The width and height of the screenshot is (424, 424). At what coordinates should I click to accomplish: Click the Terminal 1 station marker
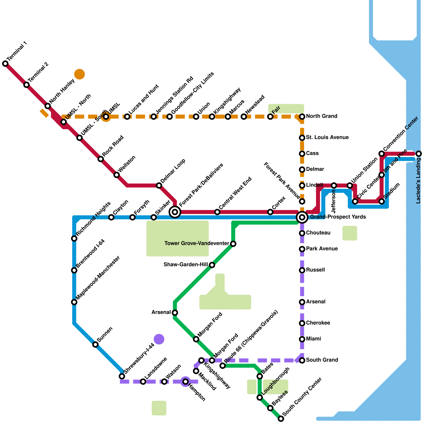pos(5,64)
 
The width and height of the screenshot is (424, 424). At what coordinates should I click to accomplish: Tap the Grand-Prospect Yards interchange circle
pos(302,217)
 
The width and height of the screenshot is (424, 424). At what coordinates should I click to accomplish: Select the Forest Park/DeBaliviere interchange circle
pos(175,212)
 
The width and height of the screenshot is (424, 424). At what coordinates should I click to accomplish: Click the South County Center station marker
pos(281,419)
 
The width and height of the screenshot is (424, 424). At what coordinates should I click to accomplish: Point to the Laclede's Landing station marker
pos(419,154)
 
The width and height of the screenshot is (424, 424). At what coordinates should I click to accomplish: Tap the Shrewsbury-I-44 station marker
pos(122,376)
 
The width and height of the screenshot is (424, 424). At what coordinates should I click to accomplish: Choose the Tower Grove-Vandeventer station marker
pos(233,244)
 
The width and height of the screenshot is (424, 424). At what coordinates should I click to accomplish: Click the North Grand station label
pos(321,116)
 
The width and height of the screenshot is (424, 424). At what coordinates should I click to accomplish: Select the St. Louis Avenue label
pos(327,138)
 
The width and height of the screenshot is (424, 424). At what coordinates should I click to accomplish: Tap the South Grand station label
pos(322,360)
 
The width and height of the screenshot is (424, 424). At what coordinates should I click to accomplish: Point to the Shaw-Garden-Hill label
pos(185,265)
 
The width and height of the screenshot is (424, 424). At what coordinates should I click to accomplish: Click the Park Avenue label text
pos(322,249)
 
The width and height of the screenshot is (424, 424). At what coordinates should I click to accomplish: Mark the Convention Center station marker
pos(382,154)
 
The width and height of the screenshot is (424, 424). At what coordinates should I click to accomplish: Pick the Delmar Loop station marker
pos(159,185)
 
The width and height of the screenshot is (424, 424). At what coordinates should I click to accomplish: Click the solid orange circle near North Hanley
pos(79,74)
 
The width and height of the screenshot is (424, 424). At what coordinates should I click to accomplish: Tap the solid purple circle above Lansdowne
pos(159,339)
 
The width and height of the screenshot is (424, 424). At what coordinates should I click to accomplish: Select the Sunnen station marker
pos(95,344)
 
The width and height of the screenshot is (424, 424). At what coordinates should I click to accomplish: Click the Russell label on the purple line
pos(315,270)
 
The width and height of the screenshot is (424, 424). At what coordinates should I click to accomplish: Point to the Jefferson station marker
pos(334,185)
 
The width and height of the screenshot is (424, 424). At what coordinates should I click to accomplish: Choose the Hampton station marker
pos(185,382)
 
